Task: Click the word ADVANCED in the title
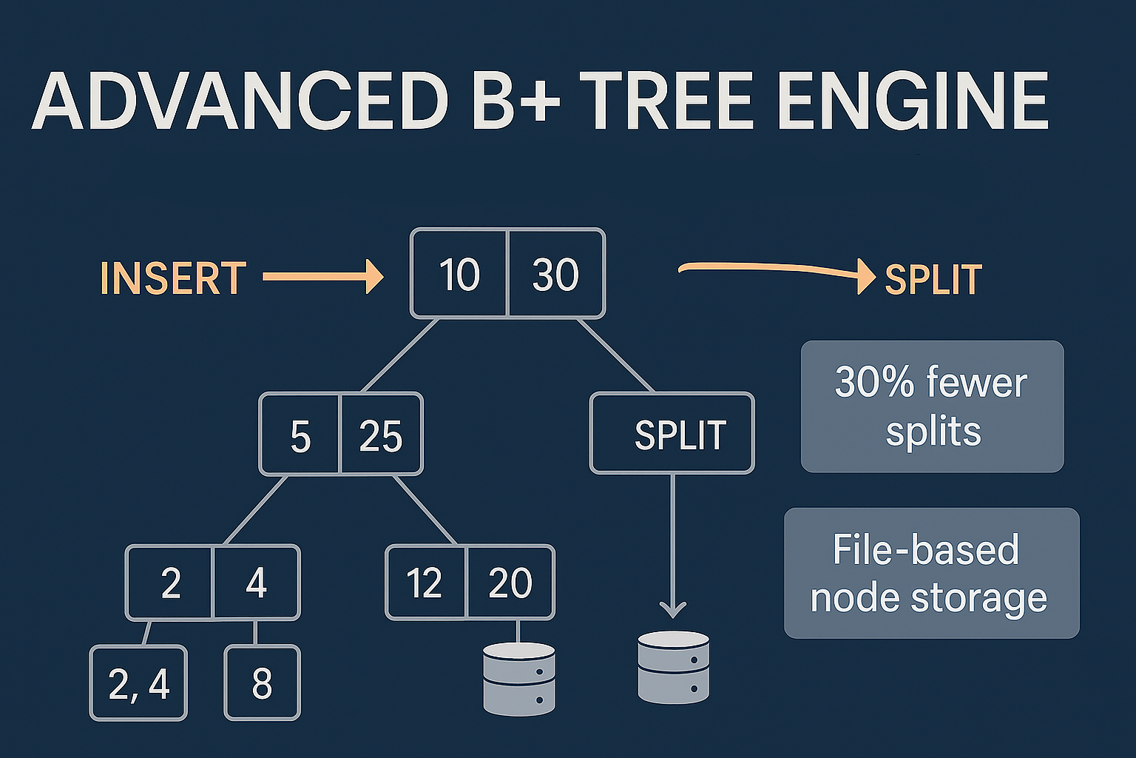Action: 240,101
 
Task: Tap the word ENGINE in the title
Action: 913,101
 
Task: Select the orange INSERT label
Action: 172,278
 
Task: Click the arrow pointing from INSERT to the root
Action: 323,278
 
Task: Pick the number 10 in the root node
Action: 459,275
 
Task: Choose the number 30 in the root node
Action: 555,275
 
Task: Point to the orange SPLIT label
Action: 933,280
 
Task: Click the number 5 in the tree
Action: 300,436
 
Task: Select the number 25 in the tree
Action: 381,436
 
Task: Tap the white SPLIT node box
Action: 672,434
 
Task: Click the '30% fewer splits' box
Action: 932,406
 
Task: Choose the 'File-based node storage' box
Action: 931,573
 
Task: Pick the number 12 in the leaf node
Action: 425,583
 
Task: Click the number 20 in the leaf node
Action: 510,583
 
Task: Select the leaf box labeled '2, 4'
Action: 138,683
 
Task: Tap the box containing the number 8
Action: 262,683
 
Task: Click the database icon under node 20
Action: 518,679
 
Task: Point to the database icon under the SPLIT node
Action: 673,667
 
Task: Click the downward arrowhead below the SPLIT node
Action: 672,609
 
